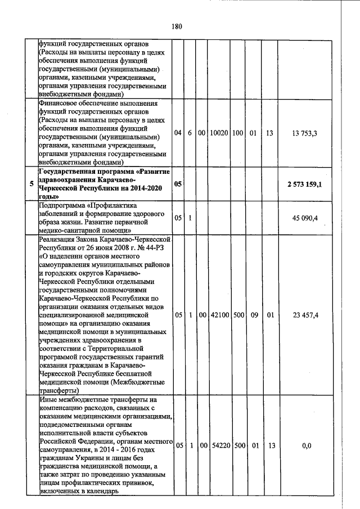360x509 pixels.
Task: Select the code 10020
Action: pyautogui.click(x=218, y=133)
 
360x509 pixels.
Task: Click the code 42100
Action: pyautogui.click(x=218, y=315)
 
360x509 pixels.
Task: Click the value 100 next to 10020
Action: pyautogui.click(x=237, y=133)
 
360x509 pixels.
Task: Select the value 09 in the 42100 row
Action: pyautogui.click(x=253, y=315)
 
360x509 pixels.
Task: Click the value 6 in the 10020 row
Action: pyautogui.click(x=190, y=133)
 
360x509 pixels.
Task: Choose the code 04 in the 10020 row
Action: pyautogui.click(x=178, y=133)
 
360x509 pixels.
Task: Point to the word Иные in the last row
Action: pyautogui.click(x=49, y=399)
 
